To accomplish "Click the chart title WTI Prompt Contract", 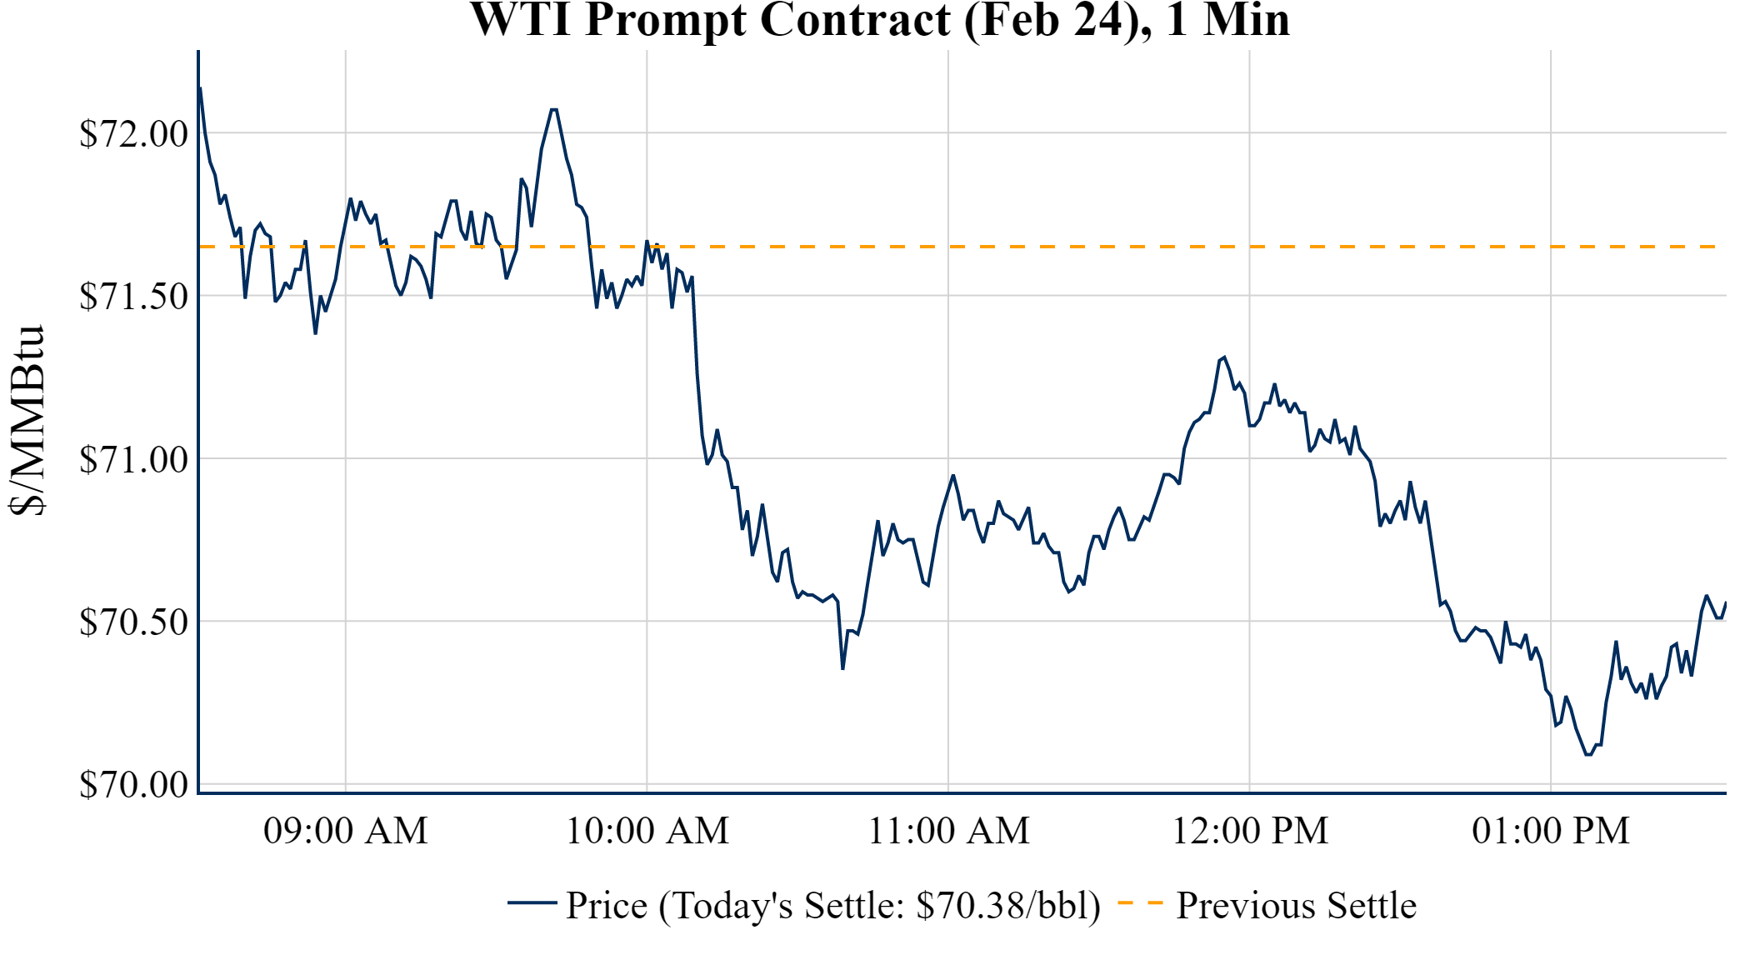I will coord(880,20).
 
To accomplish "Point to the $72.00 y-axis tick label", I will coord(133,133).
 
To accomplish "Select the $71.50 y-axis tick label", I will coord(133,296).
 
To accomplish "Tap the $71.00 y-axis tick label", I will coord(133,459).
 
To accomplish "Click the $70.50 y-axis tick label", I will coord(133,622).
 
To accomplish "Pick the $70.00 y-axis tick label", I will coord(133,784).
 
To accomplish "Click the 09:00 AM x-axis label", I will coord(346,831).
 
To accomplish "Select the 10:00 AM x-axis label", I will coord(647,831).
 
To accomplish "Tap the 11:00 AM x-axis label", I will coord(949,831).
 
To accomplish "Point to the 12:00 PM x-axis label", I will coord(1250,831).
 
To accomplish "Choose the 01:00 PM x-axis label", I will coord(1551,831).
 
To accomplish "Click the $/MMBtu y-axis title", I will coord(27,421).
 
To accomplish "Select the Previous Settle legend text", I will coord(1296,906).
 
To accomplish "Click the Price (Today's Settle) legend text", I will coord(833,906).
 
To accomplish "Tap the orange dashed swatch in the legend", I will coord(1140,902).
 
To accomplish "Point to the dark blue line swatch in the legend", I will coord(532,902).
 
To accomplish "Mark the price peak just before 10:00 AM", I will coord(553,109).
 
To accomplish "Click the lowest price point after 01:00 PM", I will coord(1588,754).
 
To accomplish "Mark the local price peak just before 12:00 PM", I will coord(1223,357).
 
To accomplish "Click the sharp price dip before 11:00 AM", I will coord(842,668).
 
